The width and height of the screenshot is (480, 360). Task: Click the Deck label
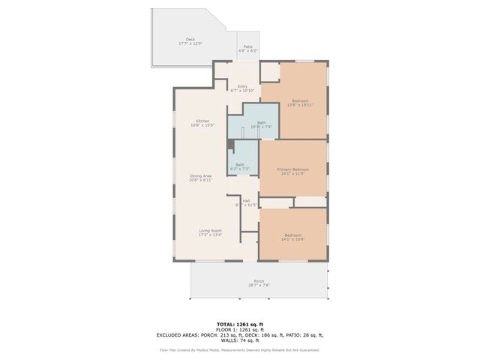190,40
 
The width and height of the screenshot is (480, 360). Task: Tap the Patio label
247,46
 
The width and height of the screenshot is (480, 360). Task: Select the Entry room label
242,86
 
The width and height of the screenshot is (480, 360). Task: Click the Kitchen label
202,121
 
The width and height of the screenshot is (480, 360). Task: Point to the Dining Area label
200,175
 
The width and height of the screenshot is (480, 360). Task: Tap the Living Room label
210,230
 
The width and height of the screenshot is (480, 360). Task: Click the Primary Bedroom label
293,169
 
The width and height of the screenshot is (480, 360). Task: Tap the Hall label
246,200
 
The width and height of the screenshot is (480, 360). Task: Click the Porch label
259,281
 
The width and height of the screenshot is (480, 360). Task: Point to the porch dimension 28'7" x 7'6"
259,286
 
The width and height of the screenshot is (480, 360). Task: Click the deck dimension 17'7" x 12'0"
190,44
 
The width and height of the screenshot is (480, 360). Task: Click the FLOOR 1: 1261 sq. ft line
239,330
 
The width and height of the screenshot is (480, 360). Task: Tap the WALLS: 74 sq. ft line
239,340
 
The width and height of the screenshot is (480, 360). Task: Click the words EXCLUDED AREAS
178,335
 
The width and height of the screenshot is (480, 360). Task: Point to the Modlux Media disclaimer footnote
239,349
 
